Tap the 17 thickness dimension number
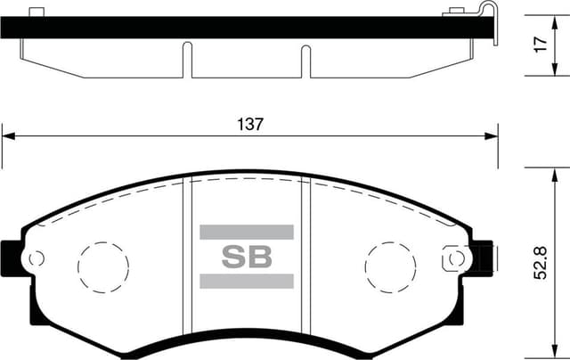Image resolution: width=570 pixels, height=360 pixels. click(541, 45)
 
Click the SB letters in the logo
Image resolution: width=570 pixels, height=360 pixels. click(246, 258)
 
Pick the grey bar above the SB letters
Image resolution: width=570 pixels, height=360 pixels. click(246, 232)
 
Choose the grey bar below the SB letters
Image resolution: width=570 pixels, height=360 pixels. click(246, 282)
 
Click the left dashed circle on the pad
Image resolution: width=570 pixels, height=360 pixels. click(103, 266)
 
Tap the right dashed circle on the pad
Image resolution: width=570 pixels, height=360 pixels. click(391, 266)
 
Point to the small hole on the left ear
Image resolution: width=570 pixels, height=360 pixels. click(37, 259)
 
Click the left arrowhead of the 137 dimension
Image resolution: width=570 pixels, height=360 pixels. click(7, 135)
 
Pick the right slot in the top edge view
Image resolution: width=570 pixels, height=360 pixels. click(305, 61)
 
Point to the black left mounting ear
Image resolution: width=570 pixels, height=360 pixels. click(11, 258)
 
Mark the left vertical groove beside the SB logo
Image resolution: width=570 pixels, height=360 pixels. click(188, 258)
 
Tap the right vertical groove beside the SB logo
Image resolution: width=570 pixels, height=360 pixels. click(305, 258)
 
